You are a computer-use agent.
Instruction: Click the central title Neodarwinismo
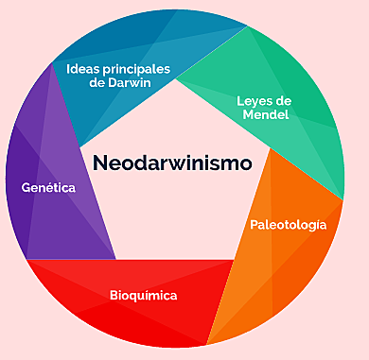(172, 163)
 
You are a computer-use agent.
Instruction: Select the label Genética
(48, 188)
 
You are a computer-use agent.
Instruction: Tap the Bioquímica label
(142, 296)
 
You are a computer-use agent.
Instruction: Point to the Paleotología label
(289, 225)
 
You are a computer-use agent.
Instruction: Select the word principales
(134, 68)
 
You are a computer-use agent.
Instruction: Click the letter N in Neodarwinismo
(99, 163)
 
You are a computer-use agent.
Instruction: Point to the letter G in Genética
(26, 188)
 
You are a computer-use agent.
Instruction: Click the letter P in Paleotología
(255, 225)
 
